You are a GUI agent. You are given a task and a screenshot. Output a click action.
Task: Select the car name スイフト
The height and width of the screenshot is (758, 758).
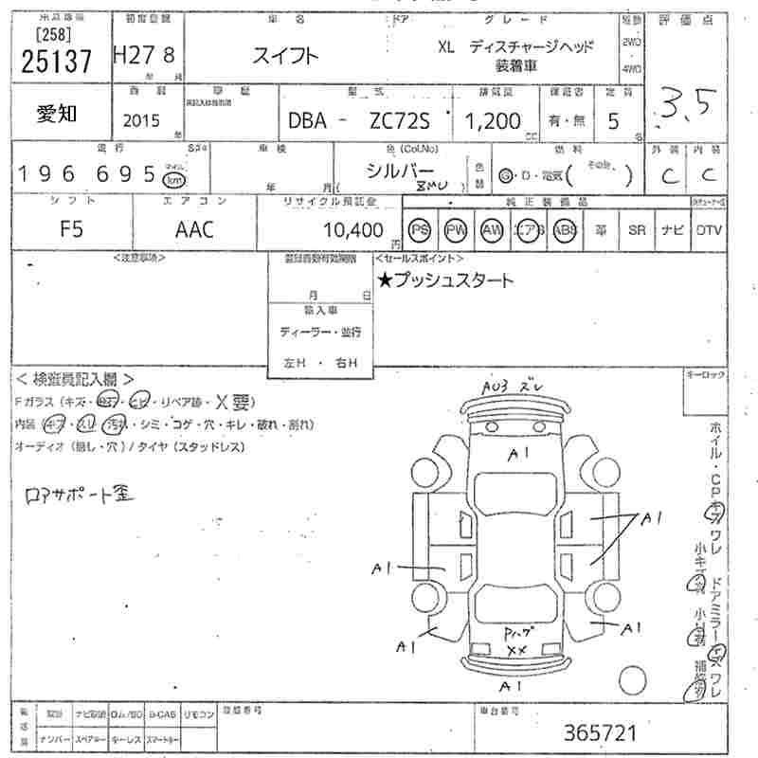[x=285, y=56]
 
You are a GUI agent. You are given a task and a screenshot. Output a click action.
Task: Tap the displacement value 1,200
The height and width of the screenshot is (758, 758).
[x=492, y=120]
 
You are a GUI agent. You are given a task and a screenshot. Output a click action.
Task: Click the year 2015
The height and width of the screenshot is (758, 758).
[x=142, y=120]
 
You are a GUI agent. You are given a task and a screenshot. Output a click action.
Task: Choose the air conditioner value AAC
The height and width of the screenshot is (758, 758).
[x=194, y=229]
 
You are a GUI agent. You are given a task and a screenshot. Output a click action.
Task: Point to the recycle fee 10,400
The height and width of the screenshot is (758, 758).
[x=352, y=230]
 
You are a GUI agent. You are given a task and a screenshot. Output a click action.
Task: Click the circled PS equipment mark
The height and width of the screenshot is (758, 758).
[x=421, y=230]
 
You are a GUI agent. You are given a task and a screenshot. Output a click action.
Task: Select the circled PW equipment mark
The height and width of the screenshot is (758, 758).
[x=457, y=230]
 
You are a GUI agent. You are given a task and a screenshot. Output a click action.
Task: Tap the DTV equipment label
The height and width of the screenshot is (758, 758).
[x=709, y=230]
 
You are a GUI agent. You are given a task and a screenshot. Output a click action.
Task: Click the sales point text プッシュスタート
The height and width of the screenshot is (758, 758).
[x=445, y=280]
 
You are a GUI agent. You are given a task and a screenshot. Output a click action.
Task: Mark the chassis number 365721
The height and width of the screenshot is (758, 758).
[x=599, y=732]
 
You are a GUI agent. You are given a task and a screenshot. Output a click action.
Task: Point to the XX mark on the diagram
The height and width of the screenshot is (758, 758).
[x=516, y=650]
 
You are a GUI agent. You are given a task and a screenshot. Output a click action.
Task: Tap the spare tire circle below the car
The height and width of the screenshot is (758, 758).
[x=632, y=680]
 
